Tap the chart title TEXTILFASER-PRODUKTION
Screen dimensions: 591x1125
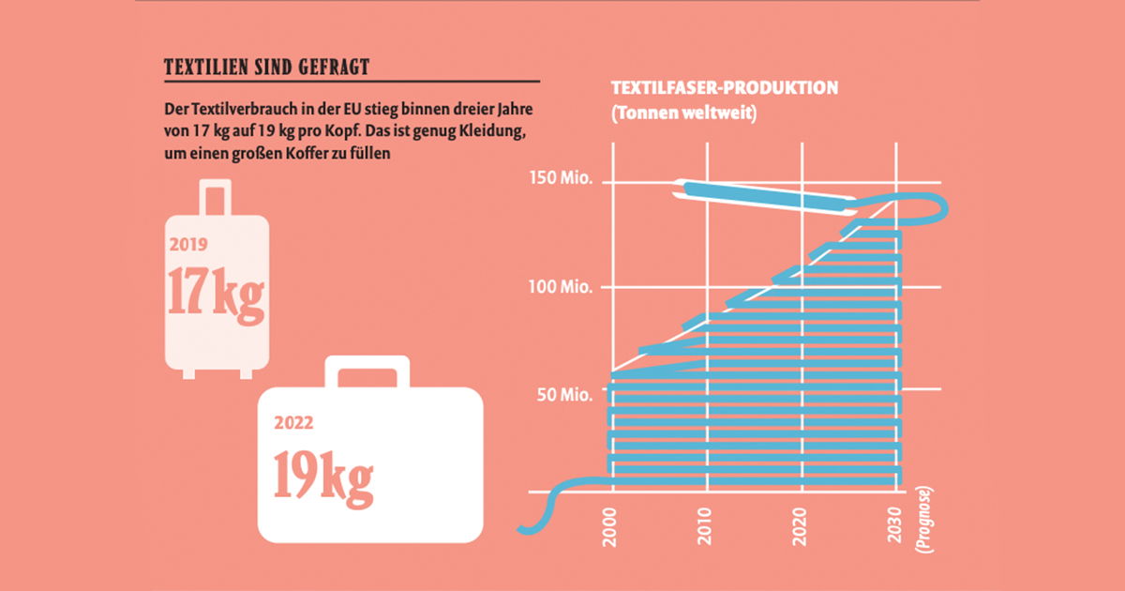[724, 88]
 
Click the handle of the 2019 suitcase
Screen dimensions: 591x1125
[217, 197]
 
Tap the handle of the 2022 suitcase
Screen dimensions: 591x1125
[367, 370]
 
